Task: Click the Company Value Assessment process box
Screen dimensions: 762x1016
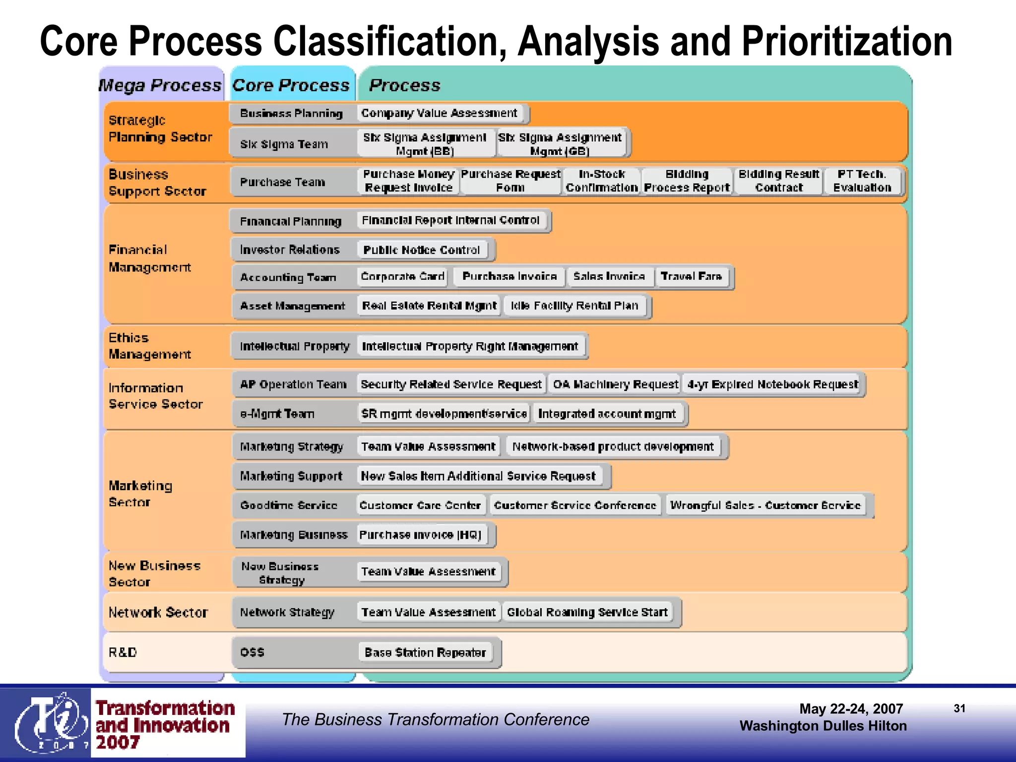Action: [x=440, y=113]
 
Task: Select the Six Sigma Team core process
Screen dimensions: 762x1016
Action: [x=284, y=144]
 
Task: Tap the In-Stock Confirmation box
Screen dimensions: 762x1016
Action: [x=601, y=181]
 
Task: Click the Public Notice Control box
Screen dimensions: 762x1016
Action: [x=421, y=250]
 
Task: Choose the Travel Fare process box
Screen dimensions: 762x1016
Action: [x=691, y=276]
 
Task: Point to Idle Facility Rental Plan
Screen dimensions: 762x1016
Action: [x=574, y=306]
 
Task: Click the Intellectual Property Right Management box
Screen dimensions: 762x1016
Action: [x=470, y=346]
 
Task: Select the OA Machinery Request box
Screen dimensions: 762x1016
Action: [x=615, y=384]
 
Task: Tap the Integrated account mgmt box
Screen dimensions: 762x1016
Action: [x=607, y=414]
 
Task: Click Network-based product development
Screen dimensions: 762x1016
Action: [x=613, y=447]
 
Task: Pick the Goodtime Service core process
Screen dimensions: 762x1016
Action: [x=289, y=506]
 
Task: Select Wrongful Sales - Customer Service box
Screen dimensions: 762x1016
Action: [x=765, y=506]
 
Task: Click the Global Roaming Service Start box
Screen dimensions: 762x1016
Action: [x=587, y=612]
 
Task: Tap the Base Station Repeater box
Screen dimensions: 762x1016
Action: [x=425, y=652]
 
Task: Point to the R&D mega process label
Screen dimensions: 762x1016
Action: [x=123, y=652]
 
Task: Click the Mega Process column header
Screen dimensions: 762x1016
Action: [x=160, y=85]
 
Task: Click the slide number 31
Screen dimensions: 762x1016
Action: [x=959, y=708]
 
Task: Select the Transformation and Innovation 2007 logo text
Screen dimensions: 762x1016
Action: [x=165, y=725]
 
